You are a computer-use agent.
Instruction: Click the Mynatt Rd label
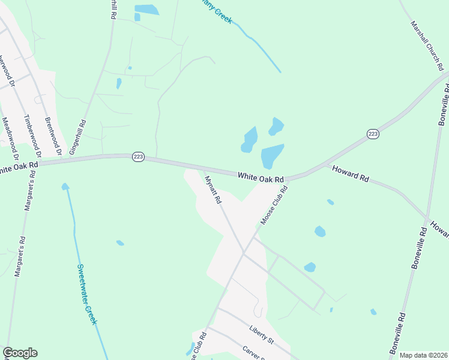click(x=214, y=189)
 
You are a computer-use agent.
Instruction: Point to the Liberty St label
click(x=261, y=335)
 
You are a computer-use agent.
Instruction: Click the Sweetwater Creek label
click(x=87, y=294)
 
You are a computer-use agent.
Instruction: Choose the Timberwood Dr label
click(x=32, y=136)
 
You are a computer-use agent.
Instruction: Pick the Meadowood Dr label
click(x=11, y=136)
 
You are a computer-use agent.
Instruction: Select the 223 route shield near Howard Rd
click(x=373, y=134)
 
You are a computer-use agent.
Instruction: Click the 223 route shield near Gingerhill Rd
click(x=137, y=157)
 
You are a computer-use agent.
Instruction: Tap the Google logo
click(x=20, y=353)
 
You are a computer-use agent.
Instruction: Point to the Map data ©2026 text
click(x=423, y=355)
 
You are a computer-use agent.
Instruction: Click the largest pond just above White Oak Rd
click(x=272, y=156)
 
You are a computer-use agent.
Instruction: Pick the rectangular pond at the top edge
click(x=146, y=10)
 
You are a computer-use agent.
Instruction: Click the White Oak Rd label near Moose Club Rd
click(x=260, y=178)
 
